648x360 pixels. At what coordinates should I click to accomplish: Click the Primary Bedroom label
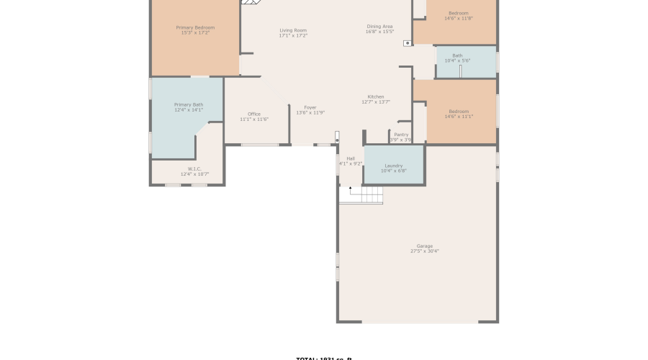(195, 27)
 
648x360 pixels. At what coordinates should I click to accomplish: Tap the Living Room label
(293, 30)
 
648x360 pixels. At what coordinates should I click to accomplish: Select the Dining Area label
(379, 27)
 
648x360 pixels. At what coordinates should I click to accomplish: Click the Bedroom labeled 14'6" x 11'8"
(459, 13)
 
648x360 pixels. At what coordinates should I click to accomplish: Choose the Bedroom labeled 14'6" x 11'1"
(459, 112)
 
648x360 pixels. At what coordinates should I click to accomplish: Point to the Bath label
(457, 55)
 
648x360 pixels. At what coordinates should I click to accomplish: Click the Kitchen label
(376, 96)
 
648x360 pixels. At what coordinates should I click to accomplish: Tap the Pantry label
(401, 135)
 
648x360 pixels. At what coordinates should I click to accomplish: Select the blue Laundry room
(394, 166)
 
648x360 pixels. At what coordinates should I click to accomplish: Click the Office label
(254, 114)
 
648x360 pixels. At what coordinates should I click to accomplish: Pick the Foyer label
(310, 107)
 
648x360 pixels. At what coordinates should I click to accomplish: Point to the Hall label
(351, 158)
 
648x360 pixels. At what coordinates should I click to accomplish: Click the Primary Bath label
(189, 104)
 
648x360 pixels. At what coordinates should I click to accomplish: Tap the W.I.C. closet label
(194, 168)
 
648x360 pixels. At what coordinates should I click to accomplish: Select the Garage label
(425, 246)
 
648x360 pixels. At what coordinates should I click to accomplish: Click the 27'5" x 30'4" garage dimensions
(425, 251)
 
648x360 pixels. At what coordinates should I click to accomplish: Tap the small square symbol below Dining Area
(408, 43)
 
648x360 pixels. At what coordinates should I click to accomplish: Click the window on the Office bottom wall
(260, 145)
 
